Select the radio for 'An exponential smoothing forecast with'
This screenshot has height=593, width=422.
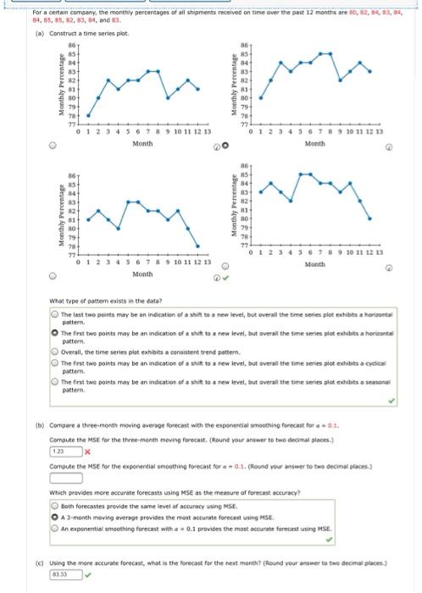(x=53, y=529)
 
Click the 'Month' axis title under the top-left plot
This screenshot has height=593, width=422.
(x=142, y=144)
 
